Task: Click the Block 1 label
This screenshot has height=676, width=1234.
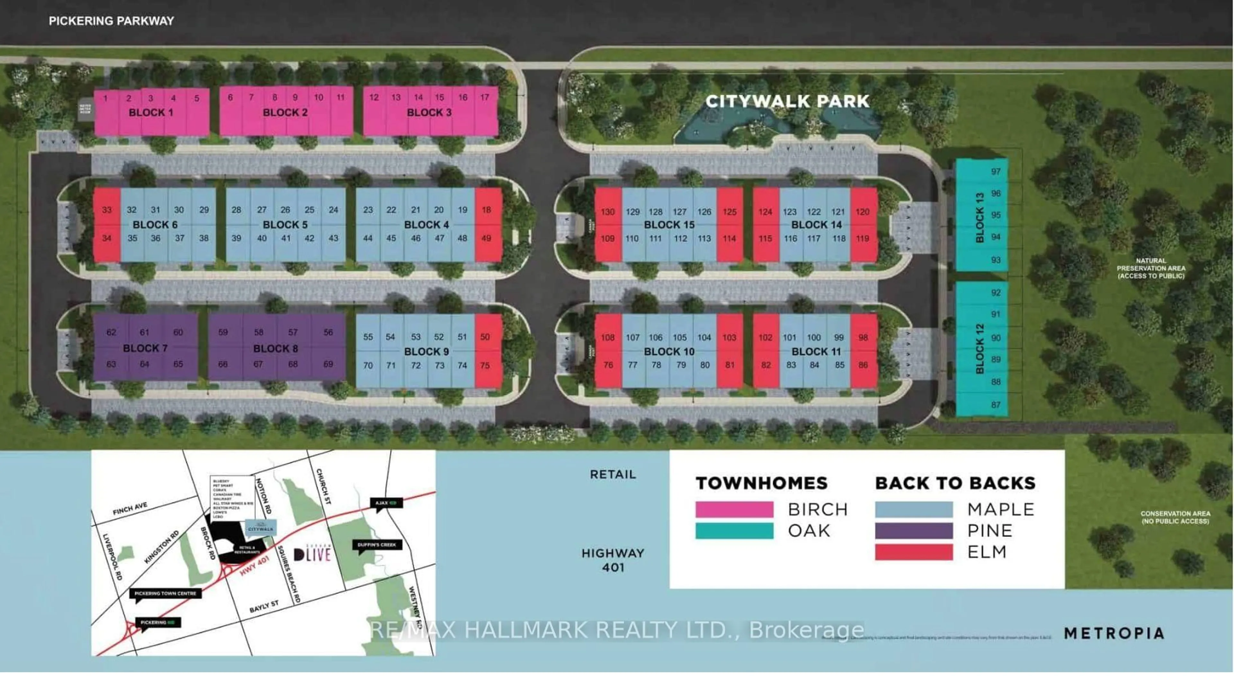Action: point(151,113)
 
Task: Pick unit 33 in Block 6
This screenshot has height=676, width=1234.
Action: point(107,210)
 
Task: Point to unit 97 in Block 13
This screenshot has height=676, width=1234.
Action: point(996,172)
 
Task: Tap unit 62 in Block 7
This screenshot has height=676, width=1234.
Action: point(111,332)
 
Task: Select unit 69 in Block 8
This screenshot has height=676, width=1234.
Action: point(328,364)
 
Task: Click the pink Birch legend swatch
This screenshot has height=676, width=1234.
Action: point(734,509)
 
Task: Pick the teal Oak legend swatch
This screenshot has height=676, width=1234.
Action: point(734,531)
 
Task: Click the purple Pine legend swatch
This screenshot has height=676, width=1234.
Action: point(914,531)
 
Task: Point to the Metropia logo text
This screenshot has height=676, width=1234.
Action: point(1114,633)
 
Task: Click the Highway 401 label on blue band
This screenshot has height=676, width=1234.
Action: point(613,560)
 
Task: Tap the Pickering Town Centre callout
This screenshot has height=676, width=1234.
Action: point(165,593)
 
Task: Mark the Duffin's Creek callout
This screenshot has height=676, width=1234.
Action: point(377,545)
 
